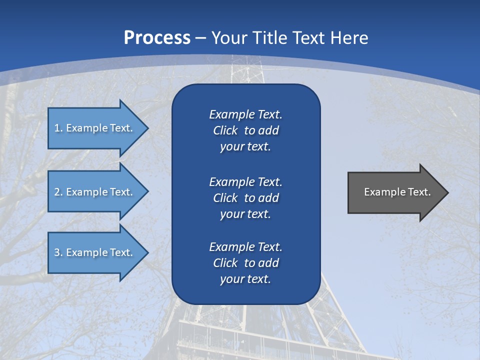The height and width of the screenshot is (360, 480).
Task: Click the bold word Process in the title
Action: (x=157, y=38)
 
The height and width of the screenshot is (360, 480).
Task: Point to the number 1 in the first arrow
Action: (x=57, y=128)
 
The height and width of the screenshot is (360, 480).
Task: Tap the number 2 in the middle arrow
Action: (x=57, y=192)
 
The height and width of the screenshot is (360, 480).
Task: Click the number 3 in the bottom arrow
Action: (x=57, y=252)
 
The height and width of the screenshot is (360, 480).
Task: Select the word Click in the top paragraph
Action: (x=225, y=130)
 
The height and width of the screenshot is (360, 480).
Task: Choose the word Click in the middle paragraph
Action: (x=225, y=198)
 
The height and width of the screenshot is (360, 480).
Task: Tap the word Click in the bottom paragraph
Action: (x=225, y=263)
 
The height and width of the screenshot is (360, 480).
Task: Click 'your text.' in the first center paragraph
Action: (x=245, y=147)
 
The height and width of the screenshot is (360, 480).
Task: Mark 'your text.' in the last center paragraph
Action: (x=245, y=279)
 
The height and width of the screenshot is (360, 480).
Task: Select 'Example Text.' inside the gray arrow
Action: (x=397, y=192)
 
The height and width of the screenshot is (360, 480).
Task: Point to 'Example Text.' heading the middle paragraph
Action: (x=245, y=181)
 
